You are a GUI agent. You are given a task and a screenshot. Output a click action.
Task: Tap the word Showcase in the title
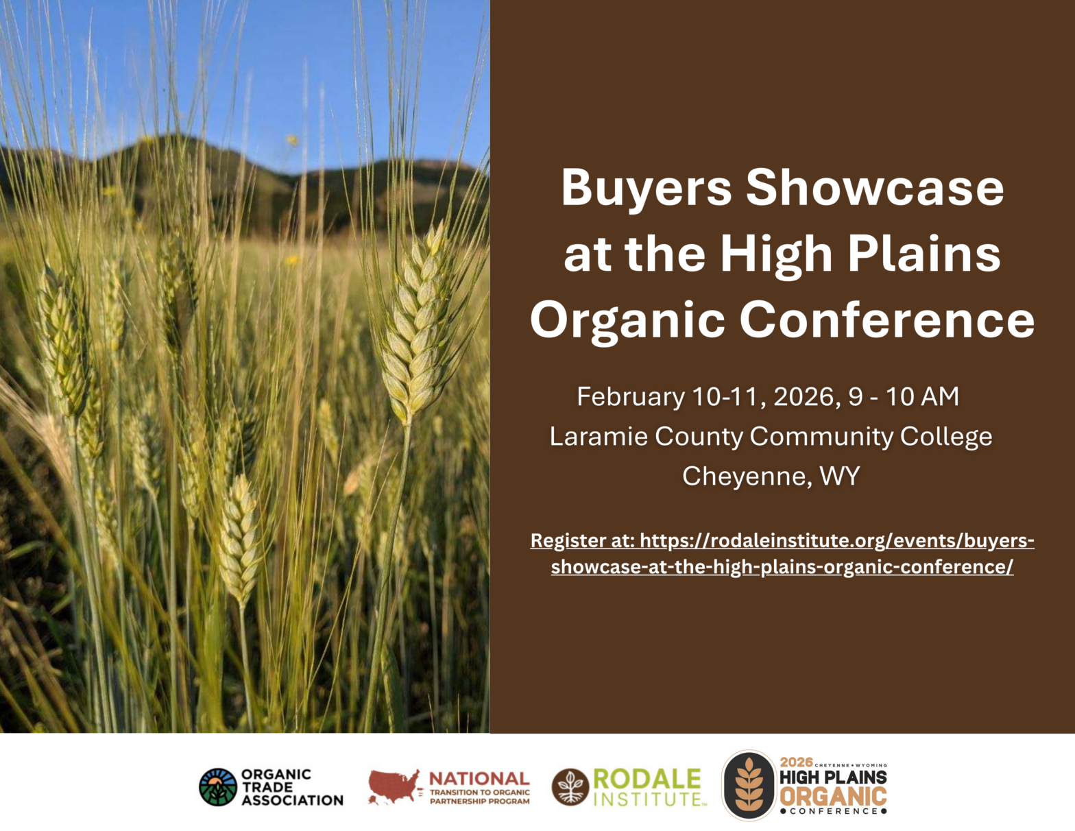[x=875, y=187]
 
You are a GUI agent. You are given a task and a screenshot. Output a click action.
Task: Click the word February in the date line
[x=631, y=398]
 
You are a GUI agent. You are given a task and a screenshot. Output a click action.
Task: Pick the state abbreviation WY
[x=840, y=476]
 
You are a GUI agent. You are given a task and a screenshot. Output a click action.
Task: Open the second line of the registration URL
[x=782, y=567]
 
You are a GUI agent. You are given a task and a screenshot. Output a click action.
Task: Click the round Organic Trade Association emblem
[x=217, y=787]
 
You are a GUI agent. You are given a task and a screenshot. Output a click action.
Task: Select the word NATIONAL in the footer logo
[x=479, y=779]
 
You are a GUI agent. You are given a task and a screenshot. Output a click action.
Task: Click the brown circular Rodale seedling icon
[x=570, y=787]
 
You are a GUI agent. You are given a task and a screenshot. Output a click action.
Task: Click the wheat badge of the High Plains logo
[x=749, y=786]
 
